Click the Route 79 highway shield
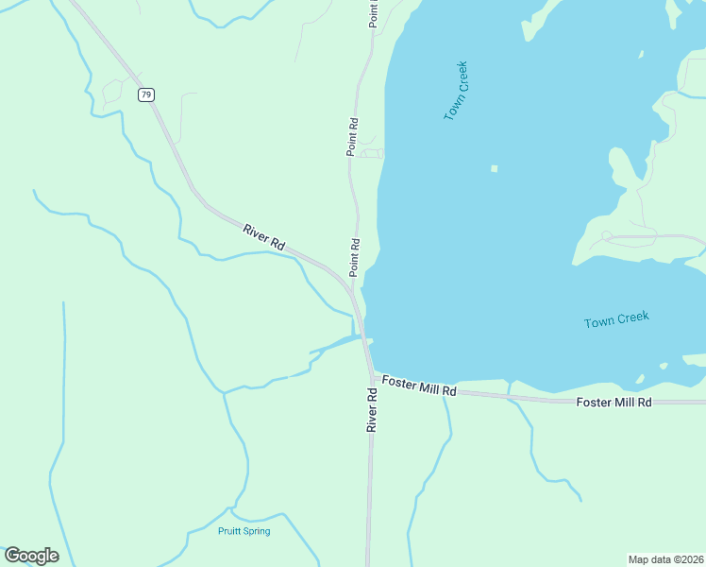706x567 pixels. point(145,94)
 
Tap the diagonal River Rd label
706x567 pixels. point(263,236)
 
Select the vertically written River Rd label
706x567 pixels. point(373,408)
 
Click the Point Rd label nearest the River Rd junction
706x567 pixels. point(355,256)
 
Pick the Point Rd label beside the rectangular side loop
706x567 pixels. point(352,136)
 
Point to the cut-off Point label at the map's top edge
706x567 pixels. point(373,12)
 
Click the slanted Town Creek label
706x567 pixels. point(456,91)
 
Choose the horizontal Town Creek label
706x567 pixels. point(616,320)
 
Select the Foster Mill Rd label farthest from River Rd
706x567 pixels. point(614,402)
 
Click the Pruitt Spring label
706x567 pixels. point(244,531)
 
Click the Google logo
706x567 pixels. point(31,556)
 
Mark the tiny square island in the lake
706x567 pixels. point(494,169)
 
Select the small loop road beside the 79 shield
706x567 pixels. point(112,90)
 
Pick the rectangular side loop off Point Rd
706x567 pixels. point(372,153)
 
